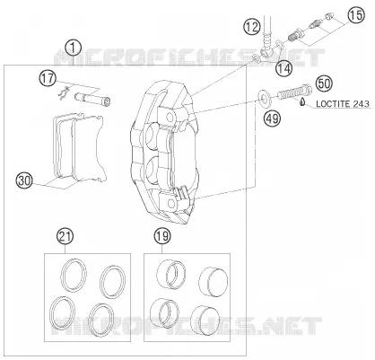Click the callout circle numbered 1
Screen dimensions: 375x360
[74, 48]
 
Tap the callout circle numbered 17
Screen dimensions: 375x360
[48, 79]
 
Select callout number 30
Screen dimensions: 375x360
[24, 180]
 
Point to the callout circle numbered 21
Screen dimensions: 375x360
[65, 236]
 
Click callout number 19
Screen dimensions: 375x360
[162, 236]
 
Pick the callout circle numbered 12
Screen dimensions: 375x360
[252, 27]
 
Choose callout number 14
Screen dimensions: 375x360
[283, 69]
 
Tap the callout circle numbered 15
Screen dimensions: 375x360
[356, 15]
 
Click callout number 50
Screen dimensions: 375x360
[325, 83]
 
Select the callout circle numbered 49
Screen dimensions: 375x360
[272, 119]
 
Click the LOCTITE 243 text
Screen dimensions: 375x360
[343, 104]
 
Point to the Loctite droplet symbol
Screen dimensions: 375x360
[302, 102]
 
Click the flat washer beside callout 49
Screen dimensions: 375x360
[265, 98]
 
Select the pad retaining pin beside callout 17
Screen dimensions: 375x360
[92, 99]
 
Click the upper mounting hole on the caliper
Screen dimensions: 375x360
[171, 116]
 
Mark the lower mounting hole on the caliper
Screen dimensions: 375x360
[171, 203]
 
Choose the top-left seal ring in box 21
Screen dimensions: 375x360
[74, 275]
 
